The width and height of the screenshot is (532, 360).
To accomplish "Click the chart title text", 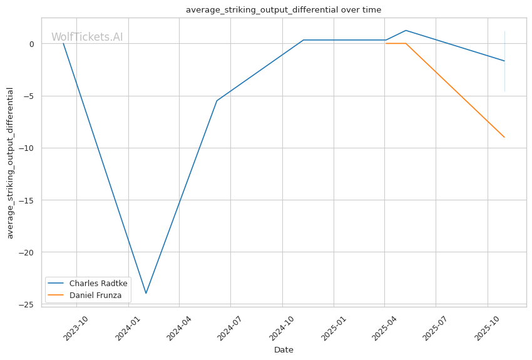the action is [284, 10].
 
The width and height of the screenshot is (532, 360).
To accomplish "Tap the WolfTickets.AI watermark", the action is [87, 37].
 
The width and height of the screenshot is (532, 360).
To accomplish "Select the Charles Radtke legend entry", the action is [88, 284].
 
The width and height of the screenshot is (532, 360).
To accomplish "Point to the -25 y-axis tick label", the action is [27, 305].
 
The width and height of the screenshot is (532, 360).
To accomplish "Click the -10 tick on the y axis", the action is [27, 148].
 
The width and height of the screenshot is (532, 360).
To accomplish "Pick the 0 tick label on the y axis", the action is [32, 44].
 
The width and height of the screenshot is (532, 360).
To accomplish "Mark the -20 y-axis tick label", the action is [27, 252].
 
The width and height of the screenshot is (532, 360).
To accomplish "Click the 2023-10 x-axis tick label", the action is [76, 328].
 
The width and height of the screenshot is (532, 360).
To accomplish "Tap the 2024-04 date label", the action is [179, 328].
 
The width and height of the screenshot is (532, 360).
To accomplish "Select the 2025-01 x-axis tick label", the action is [333, 328].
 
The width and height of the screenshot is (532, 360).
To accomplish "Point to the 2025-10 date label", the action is [487, 328].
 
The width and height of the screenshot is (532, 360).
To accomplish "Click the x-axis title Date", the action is [284, 350].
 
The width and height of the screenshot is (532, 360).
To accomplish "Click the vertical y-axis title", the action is [10, 163].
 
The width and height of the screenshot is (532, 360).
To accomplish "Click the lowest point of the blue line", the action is [146, 293].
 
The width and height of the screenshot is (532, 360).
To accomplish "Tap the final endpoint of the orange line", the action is [504, 137].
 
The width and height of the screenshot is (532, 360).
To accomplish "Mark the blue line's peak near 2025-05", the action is [406, 31].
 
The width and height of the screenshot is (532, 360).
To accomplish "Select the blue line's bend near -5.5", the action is [217, 101].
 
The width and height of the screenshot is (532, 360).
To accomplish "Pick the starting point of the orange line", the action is [386, 43].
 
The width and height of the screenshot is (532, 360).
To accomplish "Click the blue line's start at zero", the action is [63, 43].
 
